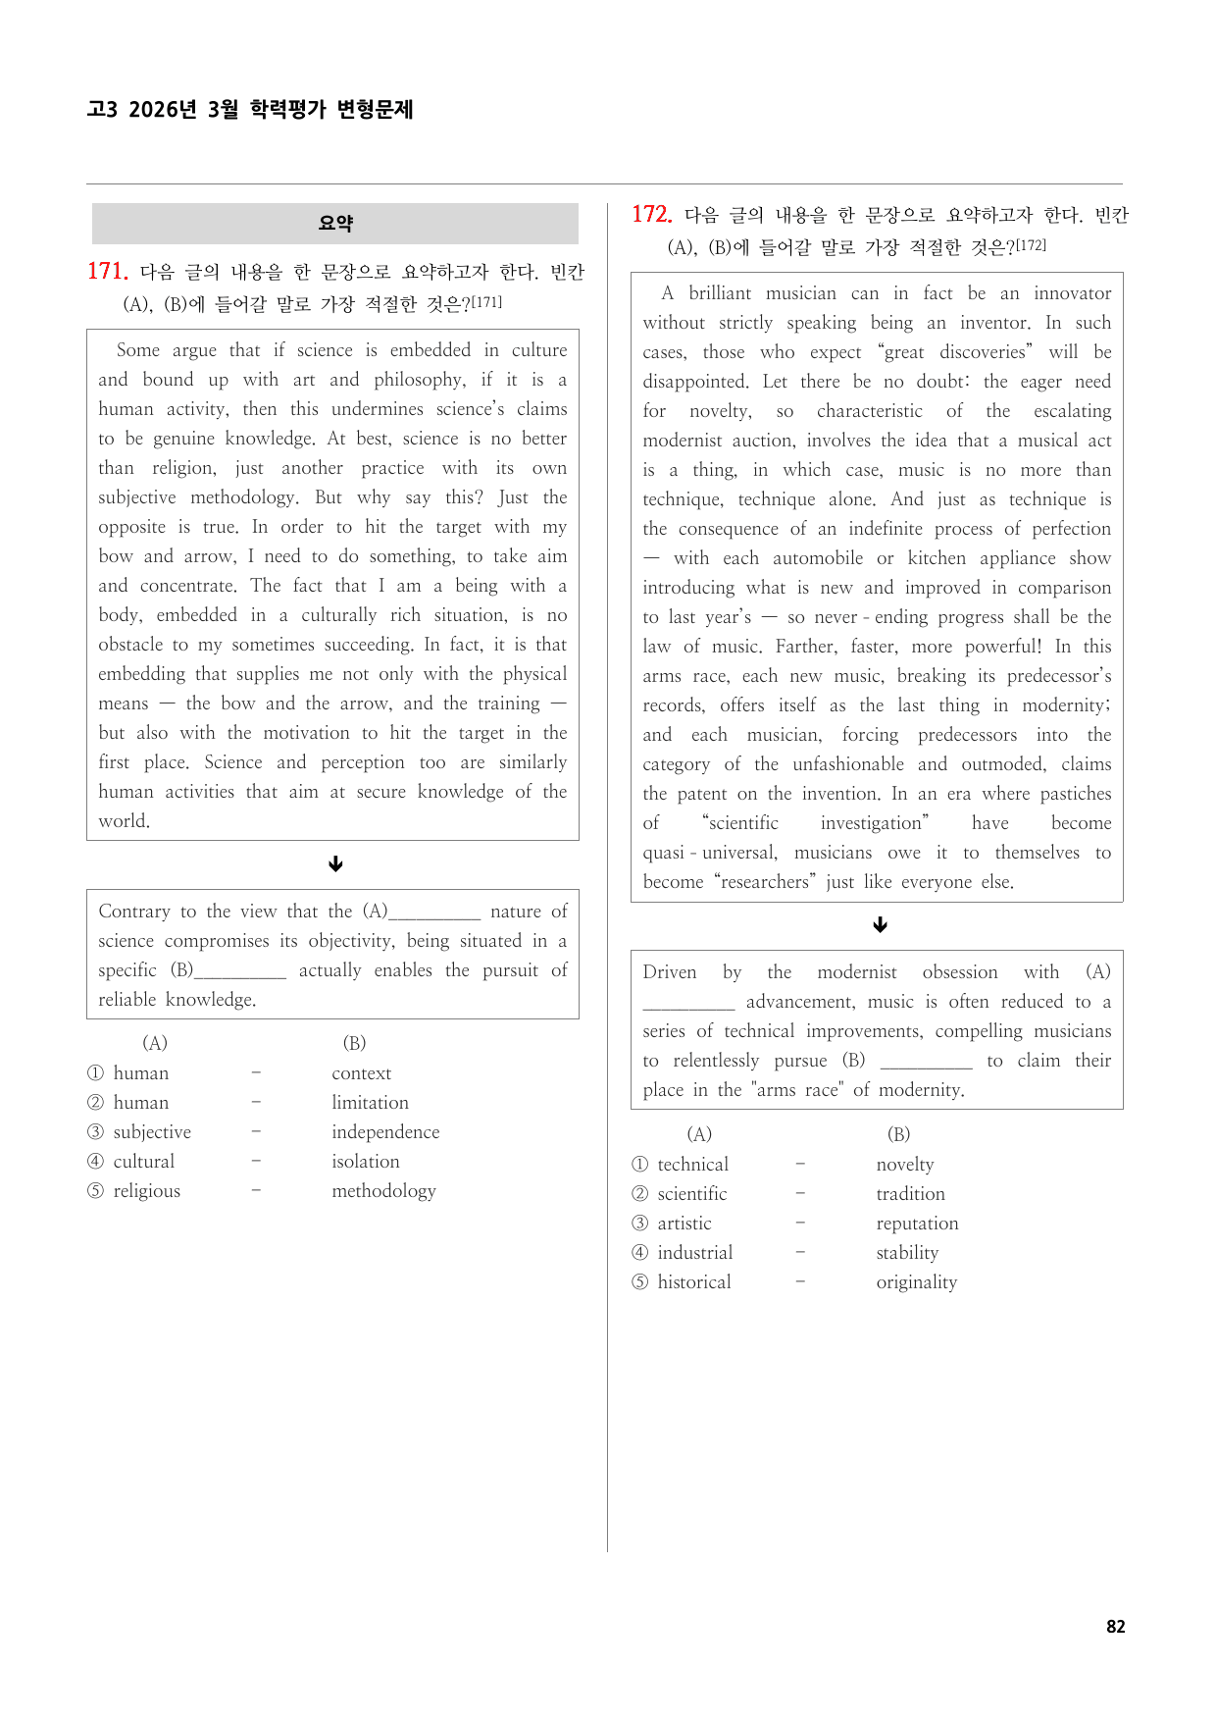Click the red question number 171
click(x=107, y=272)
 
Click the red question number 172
click(x=651, y=215)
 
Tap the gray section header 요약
click(x=335, y=224)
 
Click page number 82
click(x=1115, y=1626)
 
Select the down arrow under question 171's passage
click(x=335, y=863)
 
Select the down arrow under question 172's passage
click(x=880, y=924)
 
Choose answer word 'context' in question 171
click(x=361, y=1073)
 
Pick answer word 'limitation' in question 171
click(x=370, y=1103)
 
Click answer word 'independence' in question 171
click(x=385, y=1132)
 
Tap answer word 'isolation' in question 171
click(x=365, y=1162)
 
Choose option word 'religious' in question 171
click(x=146, y=1191)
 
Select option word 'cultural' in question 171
click(x=143, y=1162)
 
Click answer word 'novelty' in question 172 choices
click(x=905, y=1165)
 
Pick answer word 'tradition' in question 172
click(x=910, y=1194)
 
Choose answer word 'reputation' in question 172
click(x=917, y=1224)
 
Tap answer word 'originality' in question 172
click(x=916, y=1282)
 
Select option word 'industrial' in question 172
click(x=694, y=1253)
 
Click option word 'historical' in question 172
click(x=693, y=1282)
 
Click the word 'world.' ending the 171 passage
click(x=124, y=821)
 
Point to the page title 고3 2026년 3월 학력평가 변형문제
click(x=250, y=109)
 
